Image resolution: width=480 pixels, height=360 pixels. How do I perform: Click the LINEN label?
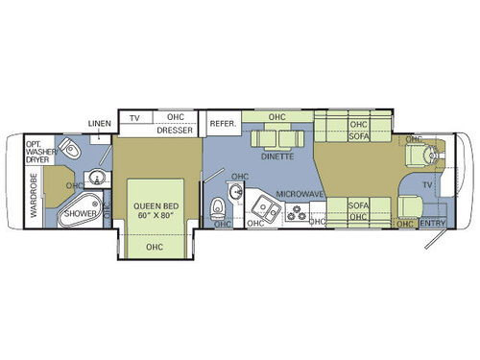99,124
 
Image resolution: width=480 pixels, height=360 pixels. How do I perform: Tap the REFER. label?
223,123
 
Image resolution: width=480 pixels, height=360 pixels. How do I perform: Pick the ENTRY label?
434,225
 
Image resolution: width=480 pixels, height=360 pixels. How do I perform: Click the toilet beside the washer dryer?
70,149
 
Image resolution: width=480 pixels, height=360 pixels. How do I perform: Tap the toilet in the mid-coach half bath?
219,206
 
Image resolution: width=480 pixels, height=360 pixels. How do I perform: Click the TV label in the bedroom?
135,117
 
